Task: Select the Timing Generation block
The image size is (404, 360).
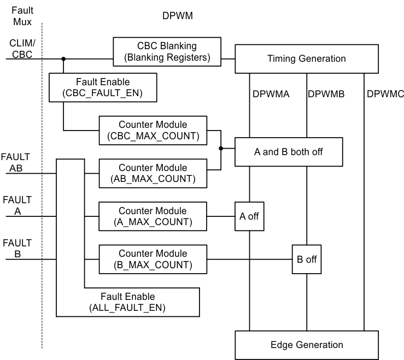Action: click(306, 58)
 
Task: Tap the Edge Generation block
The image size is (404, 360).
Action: click(306, 345)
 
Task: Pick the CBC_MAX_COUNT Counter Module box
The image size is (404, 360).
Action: click(153, 130)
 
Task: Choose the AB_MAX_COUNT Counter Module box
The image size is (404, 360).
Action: click(153, 173)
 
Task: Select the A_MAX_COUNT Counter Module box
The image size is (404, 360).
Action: click(153, 216)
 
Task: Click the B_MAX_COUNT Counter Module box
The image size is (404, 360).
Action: click(153, 259)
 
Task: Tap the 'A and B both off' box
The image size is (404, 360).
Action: click(289, 152)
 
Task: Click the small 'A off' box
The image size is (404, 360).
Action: click(249, 216)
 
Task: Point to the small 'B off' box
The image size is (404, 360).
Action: click(307, 259)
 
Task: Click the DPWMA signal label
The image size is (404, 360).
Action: click(271, 94)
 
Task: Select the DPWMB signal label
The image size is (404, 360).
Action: click(326, 94)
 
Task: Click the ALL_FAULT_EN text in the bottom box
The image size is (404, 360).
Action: click(127, 308)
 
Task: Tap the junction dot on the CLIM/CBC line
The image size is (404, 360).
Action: click(63, 58)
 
